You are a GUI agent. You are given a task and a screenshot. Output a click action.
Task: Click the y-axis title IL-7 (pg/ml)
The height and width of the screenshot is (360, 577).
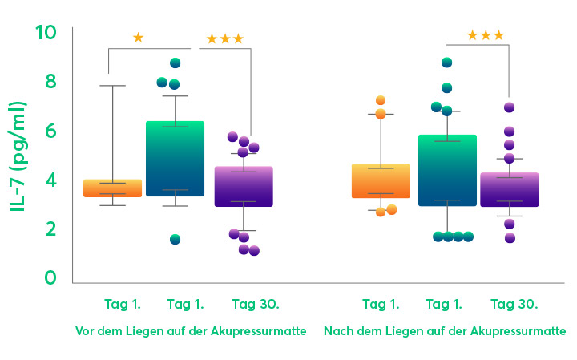(18, 157)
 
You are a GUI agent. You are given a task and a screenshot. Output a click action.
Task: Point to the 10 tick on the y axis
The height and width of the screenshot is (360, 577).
(46, 33)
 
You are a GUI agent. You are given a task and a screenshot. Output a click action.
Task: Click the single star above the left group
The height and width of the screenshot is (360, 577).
(138, 38)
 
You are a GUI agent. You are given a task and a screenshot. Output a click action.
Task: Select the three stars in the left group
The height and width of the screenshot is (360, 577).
(224, 39)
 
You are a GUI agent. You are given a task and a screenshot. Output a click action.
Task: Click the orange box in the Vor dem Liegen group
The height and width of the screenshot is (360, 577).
(112, 188)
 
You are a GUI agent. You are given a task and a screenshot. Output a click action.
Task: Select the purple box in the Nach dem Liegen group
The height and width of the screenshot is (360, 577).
(509, 190)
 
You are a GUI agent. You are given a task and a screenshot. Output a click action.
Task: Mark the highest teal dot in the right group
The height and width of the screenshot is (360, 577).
(447, 63)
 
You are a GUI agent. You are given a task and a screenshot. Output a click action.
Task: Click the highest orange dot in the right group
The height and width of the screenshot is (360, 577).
(381, 100)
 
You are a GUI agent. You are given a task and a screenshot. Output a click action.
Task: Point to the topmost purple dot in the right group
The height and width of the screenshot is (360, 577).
(509, 107)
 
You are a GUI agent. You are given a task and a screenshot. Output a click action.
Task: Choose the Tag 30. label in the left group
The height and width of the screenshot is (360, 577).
(255, 304)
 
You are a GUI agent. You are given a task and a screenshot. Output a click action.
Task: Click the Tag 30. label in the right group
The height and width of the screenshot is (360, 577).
(514, 304)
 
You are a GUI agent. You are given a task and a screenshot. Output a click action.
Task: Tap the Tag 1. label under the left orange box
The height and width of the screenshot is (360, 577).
(123, 304)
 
